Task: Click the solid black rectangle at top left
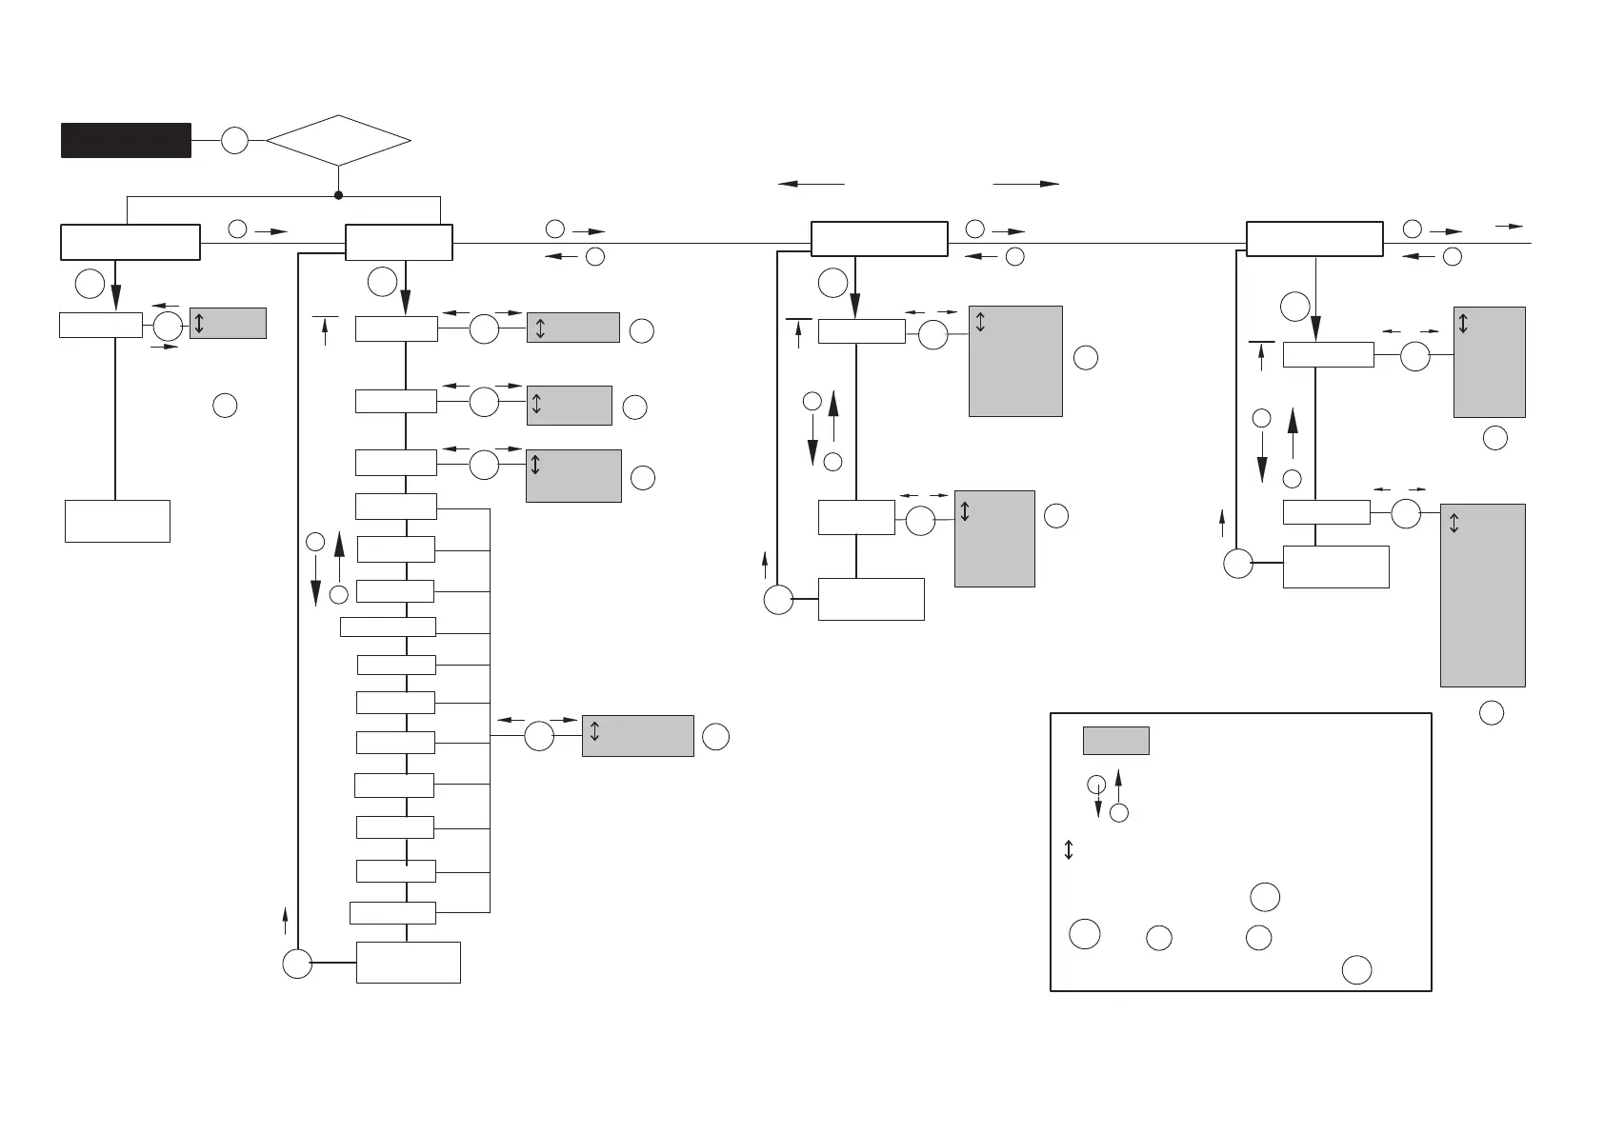point(126,140)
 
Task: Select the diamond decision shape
point(338,141)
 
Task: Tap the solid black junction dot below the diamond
point(338,195)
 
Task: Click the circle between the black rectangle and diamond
point(234,141)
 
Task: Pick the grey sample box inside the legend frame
point(1115,741)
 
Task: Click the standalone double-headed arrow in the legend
point(1069,849)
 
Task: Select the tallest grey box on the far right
point(1482,595)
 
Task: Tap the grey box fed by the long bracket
point(637,736)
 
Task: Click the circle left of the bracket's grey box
point(539,736)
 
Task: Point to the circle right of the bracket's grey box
point(716,736)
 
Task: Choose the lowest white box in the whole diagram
point(408,962)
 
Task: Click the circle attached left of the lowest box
point(297,964)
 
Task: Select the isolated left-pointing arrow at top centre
point(811,184)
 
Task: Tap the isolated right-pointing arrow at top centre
point(1026,184)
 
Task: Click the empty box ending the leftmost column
point(117,521)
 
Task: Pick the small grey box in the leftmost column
point(228,323)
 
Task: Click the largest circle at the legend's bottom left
point(1084,934)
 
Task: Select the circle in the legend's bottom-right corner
point(1356,969)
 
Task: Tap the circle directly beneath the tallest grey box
point(1492,712)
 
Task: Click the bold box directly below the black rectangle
point(130,242)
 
